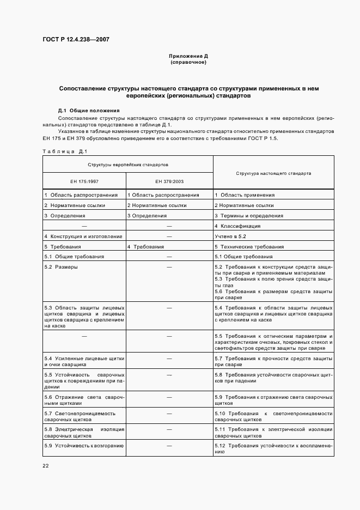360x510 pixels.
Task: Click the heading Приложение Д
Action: [x=188, y=56]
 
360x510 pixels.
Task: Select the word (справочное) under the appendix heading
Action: [x=188, y=62]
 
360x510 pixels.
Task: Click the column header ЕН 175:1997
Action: [x=84, y=181]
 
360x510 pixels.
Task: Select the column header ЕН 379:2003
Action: [x=169, y=181]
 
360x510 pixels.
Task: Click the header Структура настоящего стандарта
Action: [x=273, y=173]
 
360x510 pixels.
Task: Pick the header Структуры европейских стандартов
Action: [x=128, y=164]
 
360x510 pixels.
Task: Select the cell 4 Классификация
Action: [x=237, y=226]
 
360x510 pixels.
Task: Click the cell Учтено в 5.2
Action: [x=231, y=236]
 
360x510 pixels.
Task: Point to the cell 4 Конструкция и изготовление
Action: [x=83, y=236]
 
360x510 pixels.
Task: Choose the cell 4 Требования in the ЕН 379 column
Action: [x=145, y=247]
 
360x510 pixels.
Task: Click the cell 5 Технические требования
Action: [x=249, y=247]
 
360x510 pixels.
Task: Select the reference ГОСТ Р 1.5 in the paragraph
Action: [x=263, y=138]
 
